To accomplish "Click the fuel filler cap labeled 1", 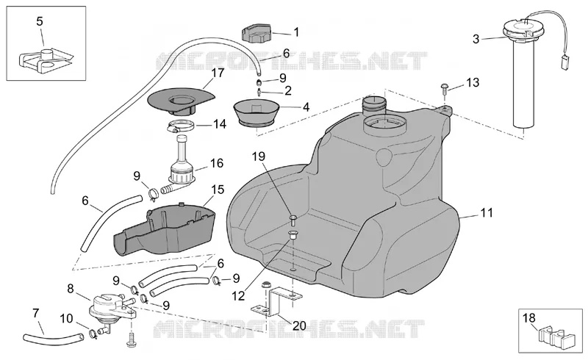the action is click(x=256, y=32).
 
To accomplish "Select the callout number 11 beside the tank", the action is click(x=487, y=213).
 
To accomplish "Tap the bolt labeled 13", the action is click(x=444, y=87).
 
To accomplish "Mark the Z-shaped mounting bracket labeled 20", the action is click(x=277, y=302).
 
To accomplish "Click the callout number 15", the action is click(x=218, y=190).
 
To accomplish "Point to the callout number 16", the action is click(x=217, y=164).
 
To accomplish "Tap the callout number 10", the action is click(x=66, y=319).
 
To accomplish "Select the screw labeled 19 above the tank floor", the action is click(x=293, y=218).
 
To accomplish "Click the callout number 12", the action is click(x=238, y=296).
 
